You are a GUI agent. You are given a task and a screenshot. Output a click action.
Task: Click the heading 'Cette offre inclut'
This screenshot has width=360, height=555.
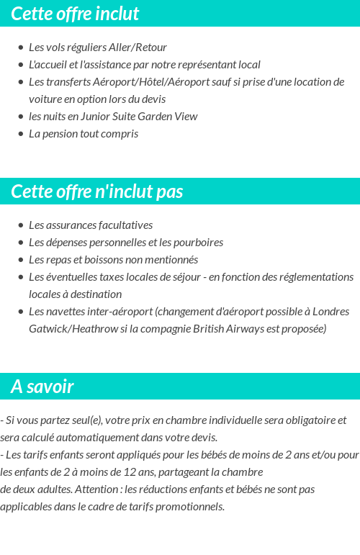coord(75,14)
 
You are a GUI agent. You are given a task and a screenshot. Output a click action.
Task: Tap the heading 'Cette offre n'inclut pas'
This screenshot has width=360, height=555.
coord(97,191)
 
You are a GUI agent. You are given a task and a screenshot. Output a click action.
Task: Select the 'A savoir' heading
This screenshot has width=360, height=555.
coord(42,387)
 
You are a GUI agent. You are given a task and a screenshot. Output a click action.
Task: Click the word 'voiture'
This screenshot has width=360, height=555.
coord(46,99)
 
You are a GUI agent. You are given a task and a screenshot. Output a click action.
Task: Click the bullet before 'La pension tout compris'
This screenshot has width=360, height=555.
coord(21,134)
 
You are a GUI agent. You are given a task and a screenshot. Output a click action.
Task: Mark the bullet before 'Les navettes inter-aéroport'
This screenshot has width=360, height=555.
coord(21,312)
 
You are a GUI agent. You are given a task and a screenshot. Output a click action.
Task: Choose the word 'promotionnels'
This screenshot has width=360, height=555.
coord(191,506)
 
